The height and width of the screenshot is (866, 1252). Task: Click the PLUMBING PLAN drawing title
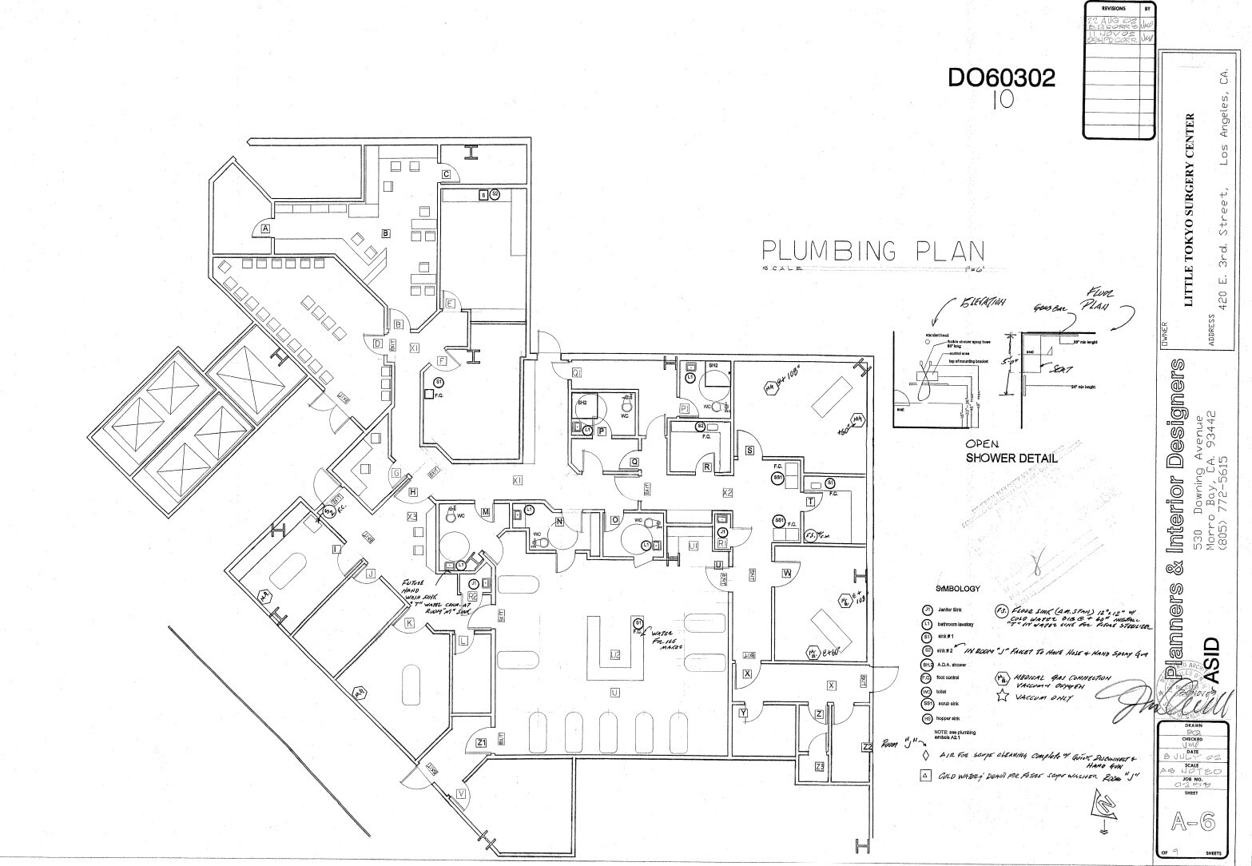[x=872, y=252]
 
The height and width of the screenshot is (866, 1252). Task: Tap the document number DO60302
[x=1000, y=78]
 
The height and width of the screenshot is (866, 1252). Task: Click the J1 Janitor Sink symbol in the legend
[x=927, y=610]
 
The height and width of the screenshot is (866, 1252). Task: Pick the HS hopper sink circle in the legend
[x=927, y=718]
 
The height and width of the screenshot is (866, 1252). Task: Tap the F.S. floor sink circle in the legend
[x=1002, y=611]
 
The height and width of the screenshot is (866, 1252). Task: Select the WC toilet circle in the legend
[x=927, y=691]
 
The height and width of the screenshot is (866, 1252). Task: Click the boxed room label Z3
[x=819, y=766]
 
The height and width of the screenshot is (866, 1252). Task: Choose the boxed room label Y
[x=743, y=713]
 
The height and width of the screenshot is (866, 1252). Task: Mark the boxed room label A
[x=266, y=228]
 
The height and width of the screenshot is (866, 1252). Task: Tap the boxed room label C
[x=447, y=174]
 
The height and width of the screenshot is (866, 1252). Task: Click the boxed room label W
[x=786, y=574]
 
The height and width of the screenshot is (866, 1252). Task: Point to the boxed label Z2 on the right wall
[x=867, y=747]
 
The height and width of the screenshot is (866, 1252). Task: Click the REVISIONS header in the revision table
[x=1112, y=9]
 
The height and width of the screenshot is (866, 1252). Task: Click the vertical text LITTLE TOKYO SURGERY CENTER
[x=1188, y=210]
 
